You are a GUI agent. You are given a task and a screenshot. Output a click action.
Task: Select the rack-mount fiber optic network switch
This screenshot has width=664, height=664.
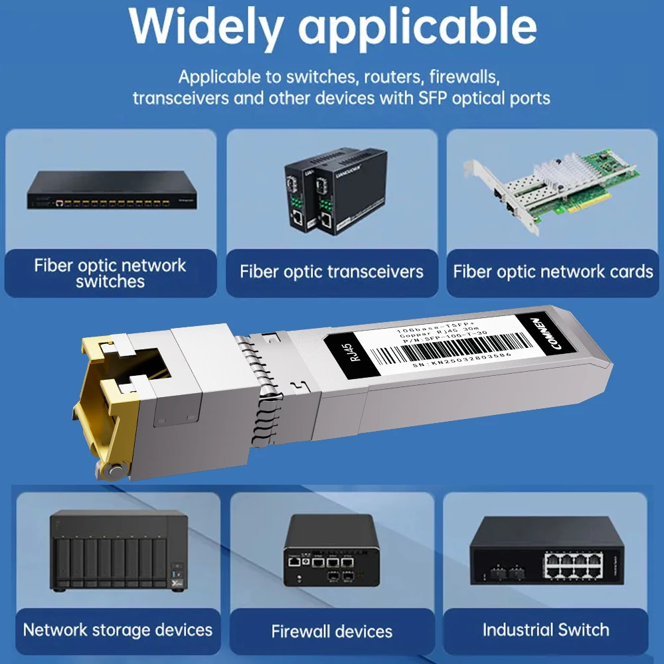coord(112,191)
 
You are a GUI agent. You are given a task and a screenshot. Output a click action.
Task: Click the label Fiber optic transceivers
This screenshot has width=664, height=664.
coord(331,271)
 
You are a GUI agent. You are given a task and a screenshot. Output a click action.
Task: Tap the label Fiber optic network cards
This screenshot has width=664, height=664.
coord(553,271)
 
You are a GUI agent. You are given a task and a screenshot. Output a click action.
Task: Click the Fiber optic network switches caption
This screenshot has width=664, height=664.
coord(110,273)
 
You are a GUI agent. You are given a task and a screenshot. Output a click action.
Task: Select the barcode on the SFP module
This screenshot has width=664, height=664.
coord(452,345)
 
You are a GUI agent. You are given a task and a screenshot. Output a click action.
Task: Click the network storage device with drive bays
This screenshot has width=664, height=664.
coord(118,550)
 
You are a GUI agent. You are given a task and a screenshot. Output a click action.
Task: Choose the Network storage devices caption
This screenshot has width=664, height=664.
coord(118,629)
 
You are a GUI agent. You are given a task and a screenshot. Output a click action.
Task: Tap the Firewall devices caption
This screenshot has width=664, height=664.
coord(331,631)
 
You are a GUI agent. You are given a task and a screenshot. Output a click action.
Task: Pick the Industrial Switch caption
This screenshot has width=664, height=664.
coord(546,629)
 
